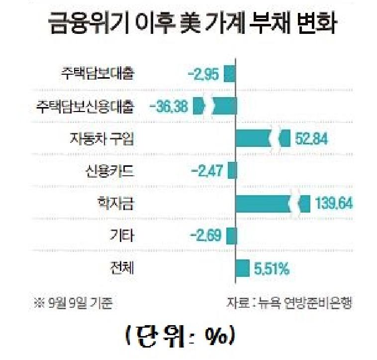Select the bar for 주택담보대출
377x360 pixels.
tap(229, 74)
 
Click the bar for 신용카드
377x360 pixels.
tap(232, 171)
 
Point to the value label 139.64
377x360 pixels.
tap(334, 203)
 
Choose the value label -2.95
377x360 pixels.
tap(203, 74)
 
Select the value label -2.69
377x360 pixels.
tap(205, 235)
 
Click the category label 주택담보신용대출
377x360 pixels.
tap(86, 106)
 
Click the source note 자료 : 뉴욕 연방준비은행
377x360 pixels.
tap(289, 303)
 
